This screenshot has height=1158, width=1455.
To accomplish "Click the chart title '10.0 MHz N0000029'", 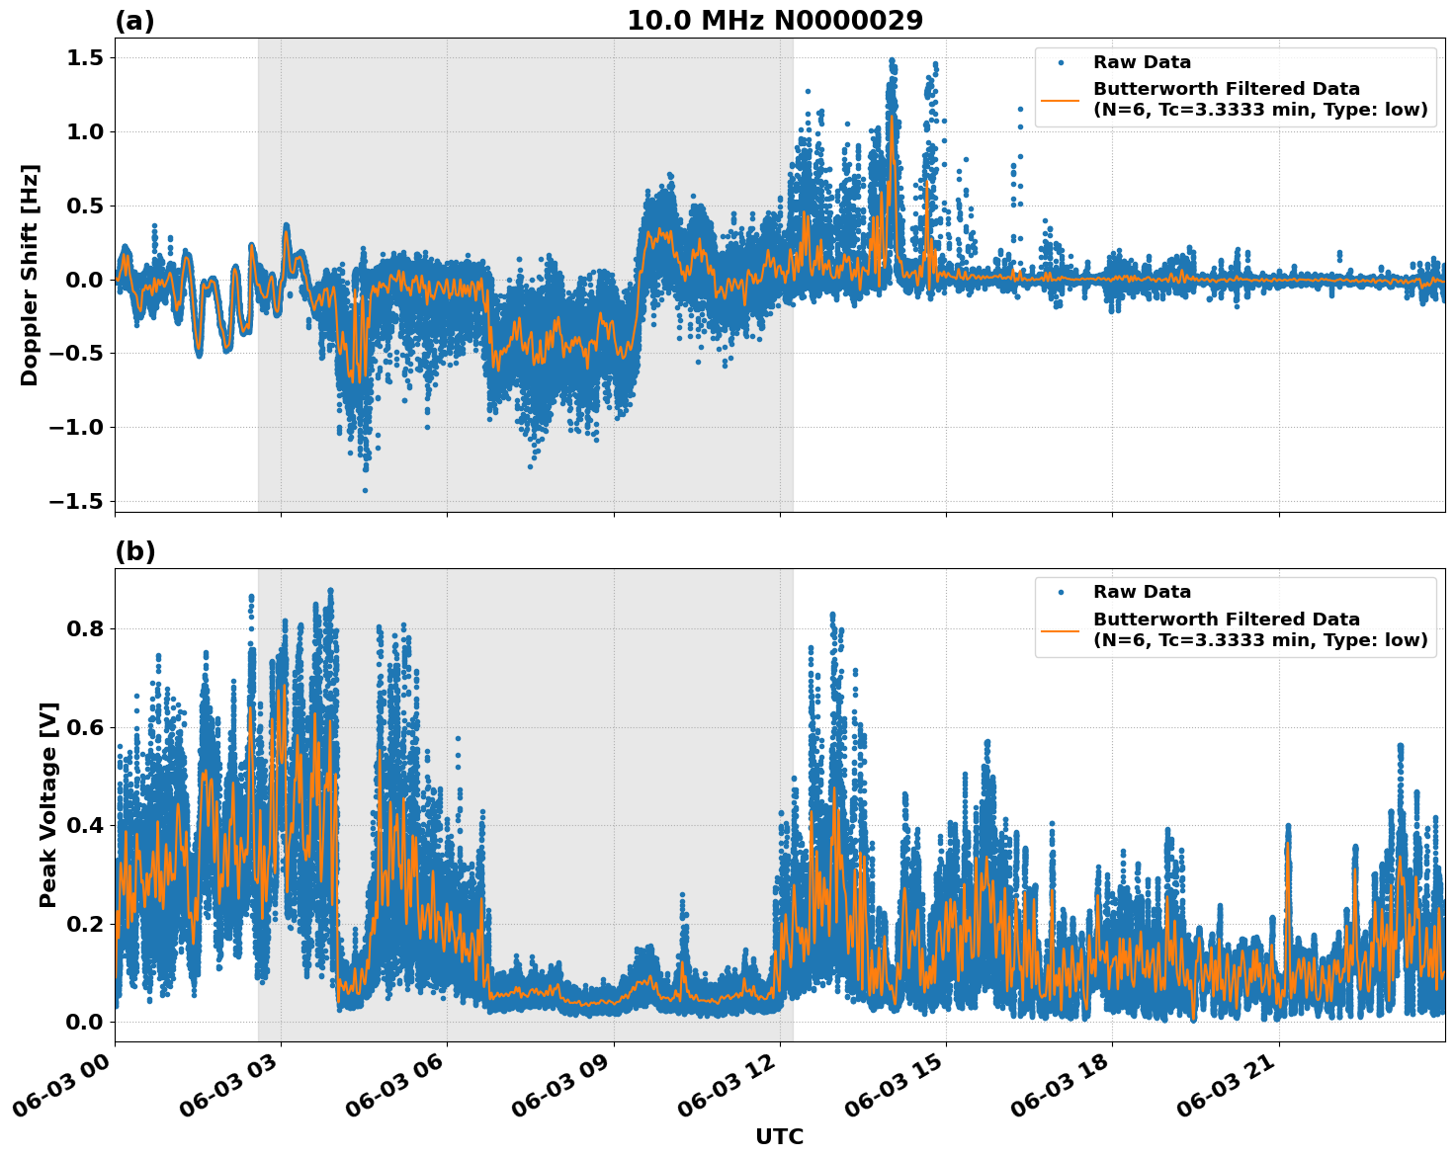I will click(x=775, y=21).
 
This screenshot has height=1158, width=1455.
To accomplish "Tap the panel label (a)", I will click(x=134, y=21).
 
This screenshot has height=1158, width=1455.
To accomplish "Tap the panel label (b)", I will click(x=134, y=551).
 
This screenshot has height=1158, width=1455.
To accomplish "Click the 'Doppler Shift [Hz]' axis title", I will click(x=30, y=275).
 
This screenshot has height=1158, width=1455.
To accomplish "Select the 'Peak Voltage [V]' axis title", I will click(x=48, y=804).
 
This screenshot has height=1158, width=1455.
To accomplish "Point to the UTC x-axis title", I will click(x=779, y=1136).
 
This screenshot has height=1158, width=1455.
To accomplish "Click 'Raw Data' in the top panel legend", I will click(x=1142, y=62).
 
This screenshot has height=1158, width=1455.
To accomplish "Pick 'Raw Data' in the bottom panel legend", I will click(x=1142, y=592).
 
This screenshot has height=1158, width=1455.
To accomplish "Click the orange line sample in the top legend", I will click(x=1061, y=99).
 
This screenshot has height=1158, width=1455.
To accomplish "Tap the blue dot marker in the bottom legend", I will click(x=1061, y=592).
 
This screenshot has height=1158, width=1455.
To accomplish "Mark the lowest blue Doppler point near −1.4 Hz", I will click(x=365, y=490).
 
